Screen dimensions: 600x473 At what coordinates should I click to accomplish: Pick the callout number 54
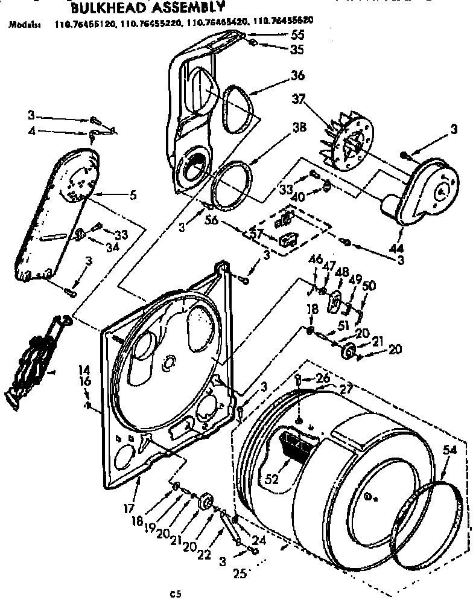pos(449,449)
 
